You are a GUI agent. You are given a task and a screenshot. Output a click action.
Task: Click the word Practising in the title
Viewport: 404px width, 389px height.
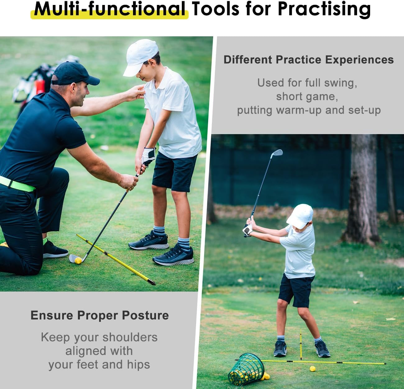click(x=324, y=9)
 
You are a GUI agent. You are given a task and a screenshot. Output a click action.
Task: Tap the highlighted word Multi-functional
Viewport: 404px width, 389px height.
click(x=109, y=9)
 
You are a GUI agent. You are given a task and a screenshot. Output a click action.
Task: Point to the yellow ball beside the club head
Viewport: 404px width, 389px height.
click(x=79, y=260)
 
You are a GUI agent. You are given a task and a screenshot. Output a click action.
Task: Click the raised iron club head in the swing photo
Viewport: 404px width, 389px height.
click(x=277, y=153)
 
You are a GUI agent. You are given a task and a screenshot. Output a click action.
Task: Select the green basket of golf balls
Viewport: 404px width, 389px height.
click(x=246, y=369)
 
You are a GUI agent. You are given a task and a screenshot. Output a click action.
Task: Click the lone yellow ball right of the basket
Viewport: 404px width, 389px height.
click(x=312, y=369)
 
